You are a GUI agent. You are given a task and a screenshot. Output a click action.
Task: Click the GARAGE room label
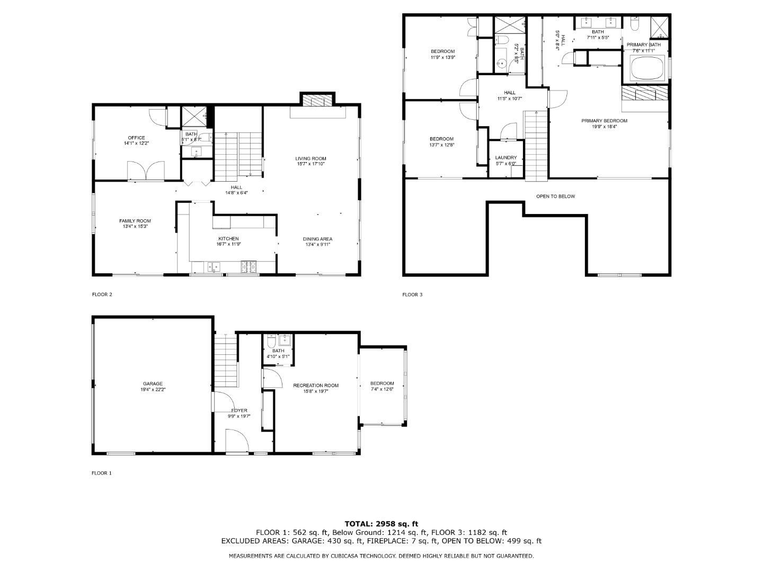[153, 384]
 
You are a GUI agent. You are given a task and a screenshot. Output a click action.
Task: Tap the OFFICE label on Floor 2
[136, 138]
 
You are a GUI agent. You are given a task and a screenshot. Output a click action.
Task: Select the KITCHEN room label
[227, 239]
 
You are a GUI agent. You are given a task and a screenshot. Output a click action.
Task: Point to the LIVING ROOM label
[310, 158]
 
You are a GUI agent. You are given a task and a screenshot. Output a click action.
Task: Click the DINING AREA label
[317, 239]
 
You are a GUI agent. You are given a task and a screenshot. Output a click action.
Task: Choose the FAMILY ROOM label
[135, 221]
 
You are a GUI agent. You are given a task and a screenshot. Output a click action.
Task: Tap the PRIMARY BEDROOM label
[604, 121]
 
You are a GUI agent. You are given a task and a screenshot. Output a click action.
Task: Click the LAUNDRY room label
[505, 158]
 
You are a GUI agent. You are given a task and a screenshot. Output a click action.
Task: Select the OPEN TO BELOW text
[555, 196]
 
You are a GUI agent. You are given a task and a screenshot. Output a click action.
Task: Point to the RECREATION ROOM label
[316, 386]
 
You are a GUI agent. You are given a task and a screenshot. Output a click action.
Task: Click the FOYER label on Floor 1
[239, 410]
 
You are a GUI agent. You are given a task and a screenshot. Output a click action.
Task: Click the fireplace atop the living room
[317, 100]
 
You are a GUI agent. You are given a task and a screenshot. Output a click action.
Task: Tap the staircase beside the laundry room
[536, 146]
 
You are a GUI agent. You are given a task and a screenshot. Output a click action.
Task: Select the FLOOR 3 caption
[412, 294]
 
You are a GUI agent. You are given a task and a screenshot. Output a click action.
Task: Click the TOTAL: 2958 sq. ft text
[381, 524]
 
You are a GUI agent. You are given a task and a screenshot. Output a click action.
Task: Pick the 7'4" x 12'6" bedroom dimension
[382, 390]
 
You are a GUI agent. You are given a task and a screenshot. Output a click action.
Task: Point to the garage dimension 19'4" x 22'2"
[153, 390]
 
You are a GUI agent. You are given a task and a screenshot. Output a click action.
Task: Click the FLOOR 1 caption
[102, 473]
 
